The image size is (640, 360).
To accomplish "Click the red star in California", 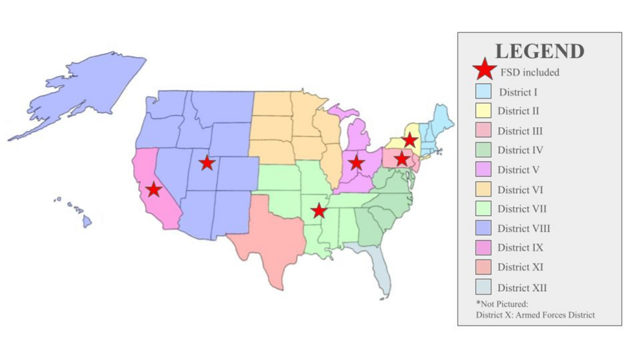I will (x=153, y=189).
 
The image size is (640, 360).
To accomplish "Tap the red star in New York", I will (x=410, y=140).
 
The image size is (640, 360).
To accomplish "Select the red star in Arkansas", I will (x=318, y=210).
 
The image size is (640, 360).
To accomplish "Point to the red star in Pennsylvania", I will (x=402, y=159).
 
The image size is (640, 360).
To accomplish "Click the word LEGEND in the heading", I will (x=539, y=51).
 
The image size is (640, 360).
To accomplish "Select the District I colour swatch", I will (x=483, y=91).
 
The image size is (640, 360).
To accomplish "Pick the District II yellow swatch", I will (x=483, y=111).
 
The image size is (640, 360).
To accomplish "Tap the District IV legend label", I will (x=520, y=150).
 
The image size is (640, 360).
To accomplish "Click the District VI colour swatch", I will (x=483, y=189).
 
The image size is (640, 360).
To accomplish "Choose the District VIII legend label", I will (x=524, y=228).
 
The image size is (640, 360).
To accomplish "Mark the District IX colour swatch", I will (x=483, y=248).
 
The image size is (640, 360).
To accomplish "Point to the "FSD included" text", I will (x=529, y=72).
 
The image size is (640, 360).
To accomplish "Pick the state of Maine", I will (x=443, y=117).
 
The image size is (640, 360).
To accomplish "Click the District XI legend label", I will (x=521, y=267).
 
